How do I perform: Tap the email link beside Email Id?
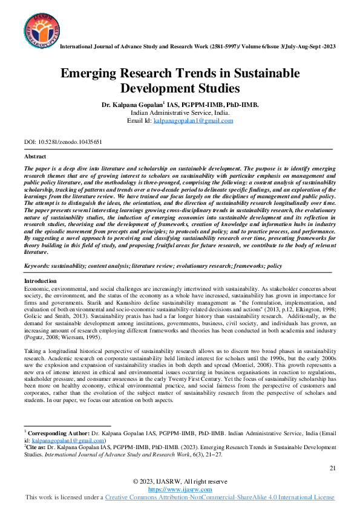(x=192, y=120)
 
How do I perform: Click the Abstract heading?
(x=34, y=157)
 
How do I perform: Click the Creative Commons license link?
(x=220, y=497)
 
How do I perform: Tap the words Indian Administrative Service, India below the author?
(x=179, y=112)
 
